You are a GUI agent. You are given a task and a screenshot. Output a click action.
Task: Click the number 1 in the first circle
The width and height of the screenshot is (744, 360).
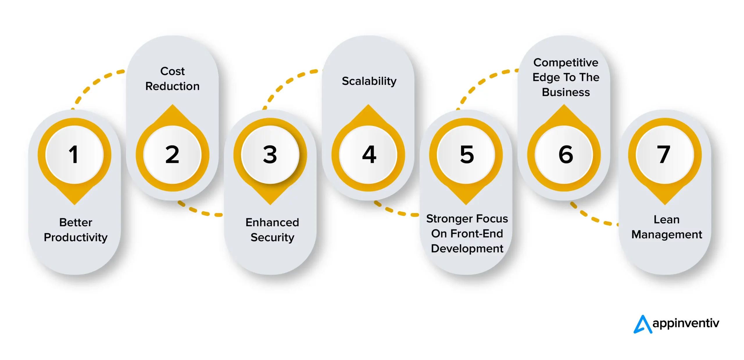click(74, 154)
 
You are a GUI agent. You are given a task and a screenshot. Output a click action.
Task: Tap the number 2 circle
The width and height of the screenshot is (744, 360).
click(172, 154)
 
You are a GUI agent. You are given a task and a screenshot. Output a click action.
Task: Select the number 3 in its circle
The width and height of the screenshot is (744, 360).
click(270, 154)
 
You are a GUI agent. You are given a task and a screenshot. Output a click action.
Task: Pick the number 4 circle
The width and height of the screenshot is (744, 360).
click(369, 154)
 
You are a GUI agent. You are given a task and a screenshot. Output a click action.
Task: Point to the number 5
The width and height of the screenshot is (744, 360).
click(467, 154)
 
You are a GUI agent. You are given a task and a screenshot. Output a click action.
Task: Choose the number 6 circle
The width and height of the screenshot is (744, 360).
click(565, 154)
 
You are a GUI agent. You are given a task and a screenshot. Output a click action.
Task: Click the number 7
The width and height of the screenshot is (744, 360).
click(664, 154)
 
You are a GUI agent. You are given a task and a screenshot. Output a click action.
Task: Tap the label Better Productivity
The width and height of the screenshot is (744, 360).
click(76, 230)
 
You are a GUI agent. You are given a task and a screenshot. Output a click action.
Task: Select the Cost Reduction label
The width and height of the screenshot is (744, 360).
click(172, 79)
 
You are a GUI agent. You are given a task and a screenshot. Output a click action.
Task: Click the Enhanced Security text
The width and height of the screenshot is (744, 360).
click(272, 230)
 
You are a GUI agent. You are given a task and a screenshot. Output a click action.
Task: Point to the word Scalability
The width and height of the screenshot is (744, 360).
click(369, 81)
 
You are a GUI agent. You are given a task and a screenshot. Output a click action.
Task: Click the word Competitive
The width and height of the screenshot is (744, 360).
click(566, 63)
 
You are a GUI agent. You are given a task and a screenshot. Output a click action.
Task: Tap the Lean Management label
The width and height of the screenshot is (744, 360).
click(667, 227)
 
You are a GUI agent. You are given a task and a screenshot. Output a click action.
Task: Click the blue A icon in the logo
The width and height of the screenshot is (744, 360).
click(642, 324)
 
